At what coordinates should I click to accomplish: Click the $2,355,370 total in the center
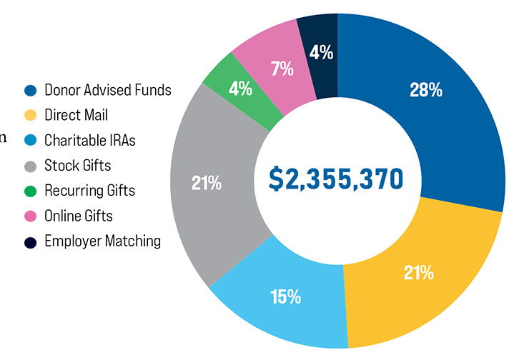336,179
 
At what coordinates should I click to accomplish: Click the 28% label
425,91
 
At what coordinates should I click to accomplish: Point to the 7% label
282,69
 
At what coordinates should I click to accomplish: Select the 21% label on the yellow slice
418,273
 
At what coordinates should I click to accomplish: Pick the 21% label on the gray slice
206,184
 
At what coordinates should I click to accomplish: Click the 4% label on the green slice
240,89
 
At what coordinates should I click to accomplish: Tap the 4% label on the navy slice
321,52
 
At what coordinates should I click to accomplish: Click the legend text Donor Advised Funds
108,90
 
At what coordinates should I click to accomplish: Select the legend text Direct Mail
76,115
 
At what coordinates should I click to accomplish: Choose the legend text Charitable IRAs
89,140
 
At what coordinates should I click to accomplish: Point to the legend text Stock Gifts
77,166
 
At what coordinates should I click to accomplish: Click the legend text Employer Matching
102,241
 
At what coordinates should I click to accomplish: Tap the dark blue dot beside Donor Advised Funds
30,91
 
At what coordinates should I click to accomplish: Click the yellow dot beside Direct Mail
30,116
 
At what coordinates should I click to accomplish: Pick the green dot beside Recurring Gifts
30,191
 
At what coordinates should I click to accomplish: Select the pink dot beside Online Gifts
30,216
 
